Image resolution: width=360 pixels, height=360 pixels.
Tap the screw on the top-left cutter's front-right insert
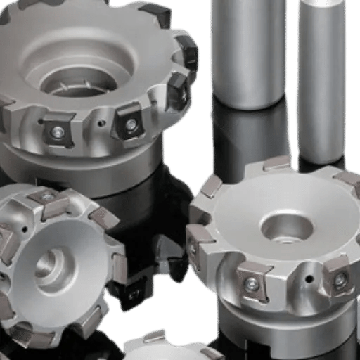coord(130,124)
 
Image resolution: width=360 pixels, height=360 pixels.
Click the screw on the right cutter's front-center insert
coord(252,283)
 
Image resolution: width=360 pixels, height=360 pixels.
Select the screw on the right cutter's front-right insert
coord(340,279)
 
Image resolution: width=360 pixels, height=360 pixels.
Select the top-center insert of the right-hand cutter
coord(278,163)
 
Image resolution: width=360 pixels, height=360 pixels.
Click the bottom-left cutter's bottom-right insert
coord(92,322)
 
